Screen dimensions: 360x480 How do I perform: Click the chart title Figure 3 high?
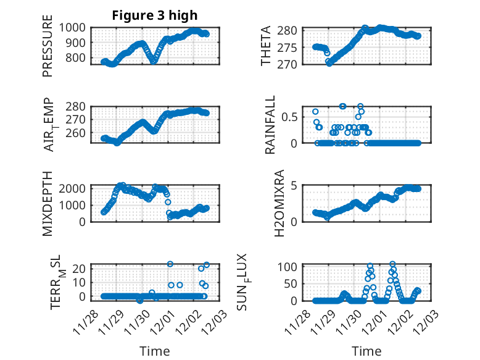point(155,15)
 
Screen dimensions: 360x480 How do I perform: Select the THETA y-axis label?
point(267,46)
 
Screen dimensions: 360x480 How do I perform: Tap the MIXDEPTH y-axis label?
point(48,203)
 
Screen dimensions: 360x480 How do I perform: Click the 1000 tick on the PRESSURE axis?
point(74,27)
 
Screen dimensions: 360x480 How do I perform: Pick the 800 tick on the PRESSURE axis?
point(78,58)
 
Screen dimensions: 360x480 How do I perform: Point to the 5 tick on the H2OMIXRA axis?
point(295,185)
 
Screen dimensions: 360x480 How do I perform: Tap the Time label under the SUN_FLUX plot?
point(366,351)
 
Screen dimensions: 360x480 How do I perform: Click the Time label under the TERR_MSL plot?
point(155,351)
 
